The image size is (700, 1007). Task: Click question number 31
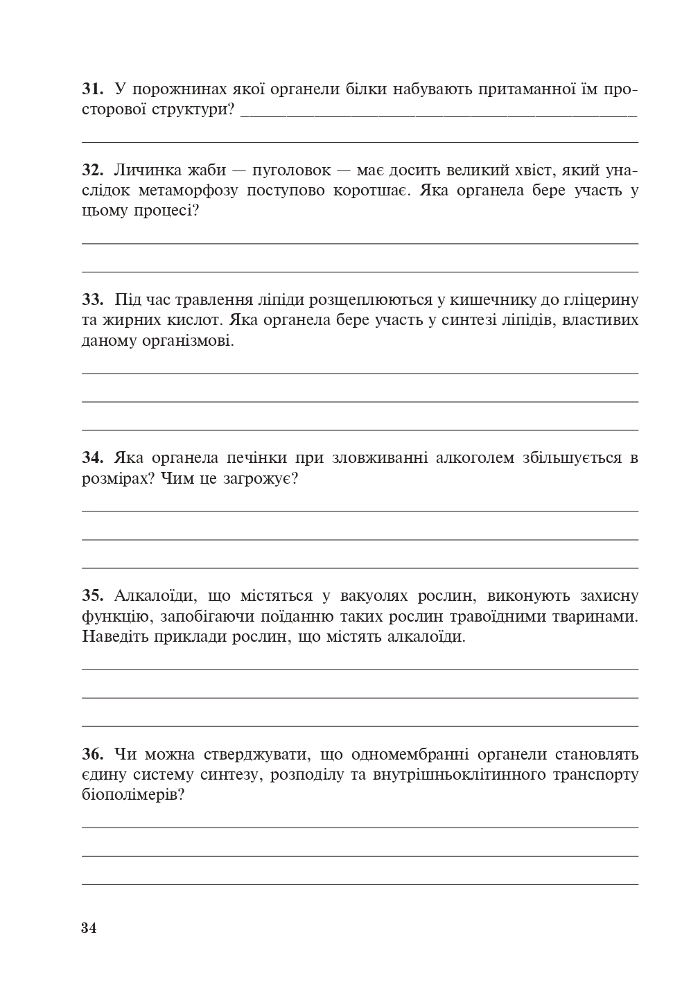[x=92, y=89]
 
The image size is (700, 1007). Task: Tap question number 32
[x=92, y=170]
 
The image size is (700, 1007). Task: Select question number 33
[x=92, y=300]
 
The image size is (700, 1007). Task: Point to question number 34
[x=92, y=458]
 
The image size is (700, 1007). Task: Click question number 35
[x=92, y=596]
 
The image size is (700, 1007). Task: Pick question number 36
[x=92, y=754]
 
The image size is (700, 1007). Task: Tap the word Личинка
[x=145, y=170]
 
